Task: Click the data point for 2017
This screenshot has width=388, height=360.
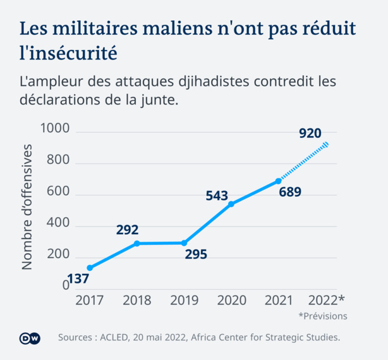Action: tap(89, 268)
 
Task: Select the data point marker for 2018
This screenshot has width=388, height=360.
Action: tap(136, 244)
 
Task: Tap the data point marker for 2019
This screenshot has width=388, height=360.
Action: tap(185, 243)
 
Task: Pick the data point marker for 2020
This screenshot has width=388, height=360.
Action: tap(231, 204)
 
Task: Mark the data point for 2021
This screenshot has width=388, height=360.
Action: tap(279, 181)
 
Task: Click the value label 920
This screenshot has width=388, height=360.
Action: tap(310, 133)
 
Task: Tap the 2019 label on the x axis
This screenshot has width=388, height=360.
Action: tap(184, 299)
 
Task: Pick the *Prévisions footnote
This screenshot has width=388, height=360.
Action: tap(323, 316)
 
